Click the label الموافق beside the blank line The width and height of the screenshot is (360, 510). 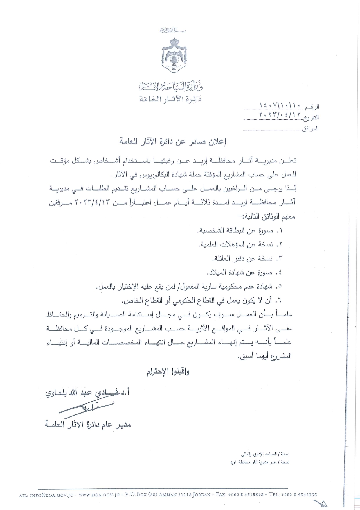point(310,128)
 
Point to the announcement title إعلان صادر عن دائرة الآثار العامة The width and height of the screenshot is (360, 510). point(172,142)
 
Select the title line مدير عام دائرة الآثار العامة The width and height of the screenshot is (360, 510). point(87,425)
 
